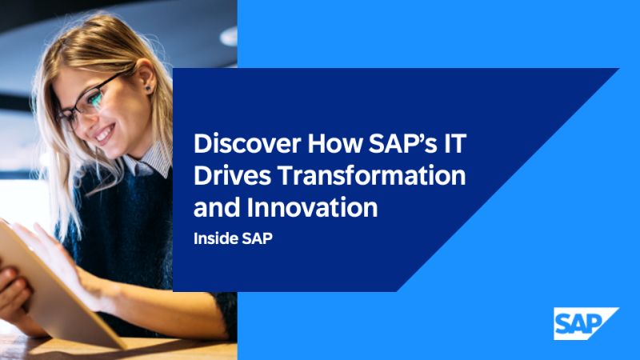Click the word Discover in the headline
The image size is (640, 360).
247,143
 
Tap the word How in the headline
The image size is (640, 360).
335,143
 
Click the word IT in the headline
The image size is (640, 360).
455,143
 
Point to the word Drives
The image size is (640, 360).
232,175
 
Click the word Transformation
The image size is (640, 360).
372,175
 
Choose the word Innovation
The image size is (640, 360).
312,207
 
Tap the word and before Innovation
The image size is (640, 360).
217,207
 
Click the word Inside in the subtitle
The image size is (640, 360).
214,238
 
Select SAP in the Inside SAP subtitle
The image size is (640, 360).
257,238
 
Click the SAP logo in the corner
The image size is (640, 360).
586,324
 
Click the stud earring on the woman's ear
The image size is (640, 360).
148,88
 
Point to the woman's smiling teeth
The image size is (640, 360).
105,133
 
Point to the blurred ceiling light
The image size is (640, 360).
229,37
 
